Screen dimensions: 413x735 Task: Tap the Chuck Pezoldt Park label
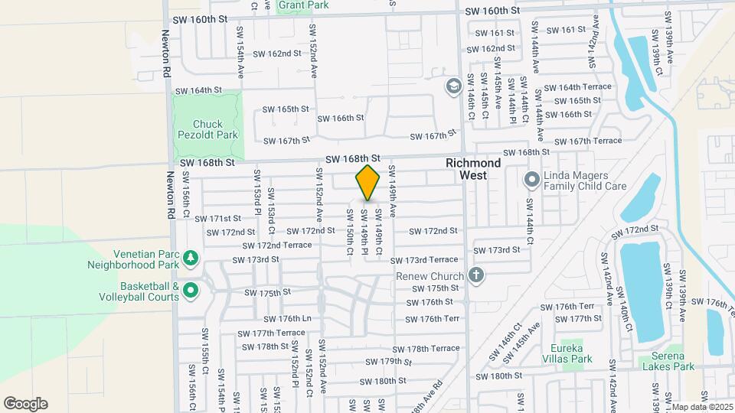point(207,129)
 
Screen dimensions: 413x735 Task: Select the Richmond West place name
point(473,169)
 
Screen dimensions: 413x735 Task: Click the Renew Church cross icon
point(476,275)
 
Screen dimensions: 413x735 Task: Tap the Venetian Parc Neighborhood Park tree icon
point(190,258)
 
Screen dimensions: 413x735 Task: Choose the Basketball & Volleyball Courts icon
point(190,291)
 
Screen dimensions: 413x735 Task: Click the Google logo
point(25,403)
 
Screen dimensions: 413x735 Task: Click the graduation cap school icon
point(452,86)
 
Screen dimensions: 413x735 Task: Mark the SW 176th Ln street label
point(287,318)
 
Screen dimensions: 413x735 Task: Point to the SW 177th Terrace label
point(270,333)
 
